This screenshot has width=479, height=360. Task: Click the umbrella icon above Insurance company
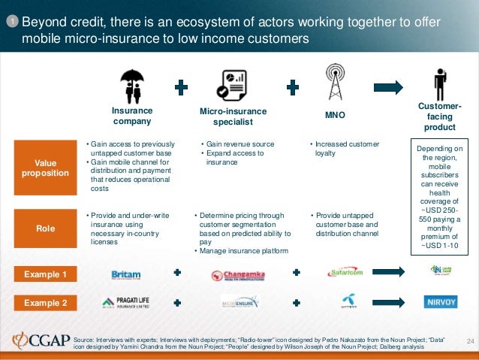pyautogui.click(x=132, y=86)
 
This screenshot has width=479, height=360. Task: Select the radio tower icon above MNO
pyautogui.click(x=334, y=84)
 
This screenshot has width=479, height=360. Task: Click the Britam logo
pyautogui.click(x=126, y=275)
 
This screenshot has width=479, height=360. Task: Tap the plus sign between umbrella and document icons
pyautogui.click(x=181, y=88)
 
